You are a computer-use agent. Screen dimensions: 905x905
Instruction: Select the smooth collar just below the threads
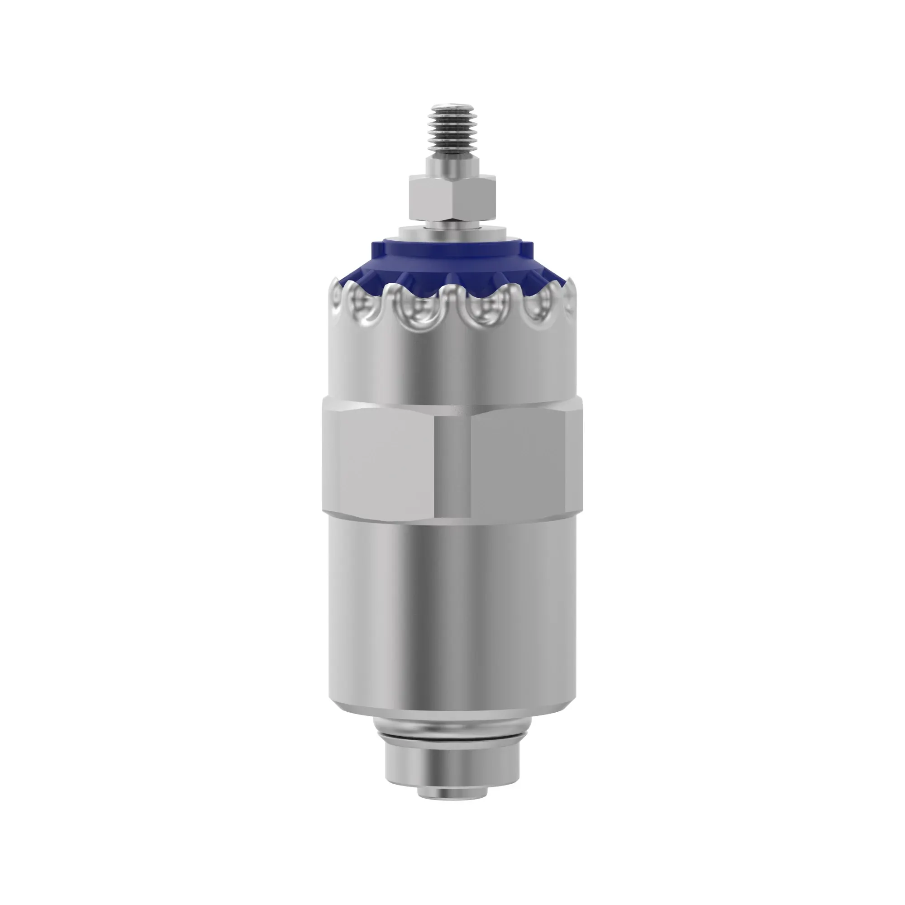[x=452, y=165]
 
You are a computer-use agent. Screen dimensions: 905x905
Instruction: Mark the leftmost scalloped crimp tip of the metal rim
[x=335, y=284]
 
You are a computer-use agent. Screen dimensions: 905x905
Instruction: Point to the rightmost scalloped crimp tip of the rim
[x=572, y=284]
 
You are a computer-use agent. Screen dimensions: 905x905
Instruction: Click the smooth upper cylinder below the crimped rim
[x=452, y=365]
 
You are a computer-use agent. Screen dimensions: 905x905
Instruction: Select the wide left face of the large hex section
[x=377, y=462]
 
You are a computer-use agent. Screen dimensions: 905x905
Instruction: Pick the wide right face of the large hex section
[x=518, y=462]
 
